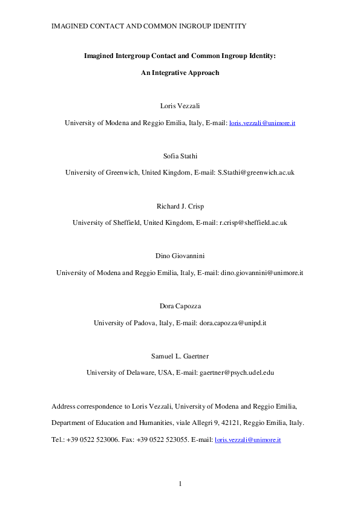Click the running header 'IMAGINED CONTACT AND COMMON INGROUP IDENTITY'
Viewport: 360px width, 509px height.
[x=148, y=26]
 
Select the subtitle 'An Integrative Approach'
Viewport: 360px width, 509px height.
[x=180, y=73]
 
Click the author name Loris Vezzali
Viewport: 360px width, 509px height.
[x=180, y=106]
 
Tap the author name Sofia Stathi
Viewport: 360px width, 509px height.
[x=180, y=157]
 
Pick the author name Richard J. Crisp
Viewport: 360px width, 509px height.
[x=180, y=207]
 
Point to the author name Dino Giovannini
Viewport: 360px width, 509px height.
[x=180, y=257]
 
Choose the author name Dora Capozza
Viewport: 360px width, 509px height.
[x=180, y=307]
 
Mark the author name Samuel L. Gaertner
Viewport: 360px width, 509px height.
[x=180, y=357]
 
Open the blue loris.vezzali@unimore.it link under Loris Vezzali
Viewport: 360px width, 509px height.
[x=262, y=123]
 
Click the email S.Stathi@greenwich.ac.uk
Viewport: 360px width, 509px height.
[x=255, y=172]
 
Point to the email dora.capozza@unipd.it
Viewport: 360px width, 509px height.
[x=232, y=323]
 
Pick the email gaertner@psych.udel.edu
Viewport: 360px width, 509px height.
[x=237, y=372]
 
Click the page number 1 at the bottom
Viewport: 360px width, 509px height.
[x=180, y=484]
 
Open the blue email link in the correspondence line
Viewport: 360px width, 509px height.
[x=248, y=439]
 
